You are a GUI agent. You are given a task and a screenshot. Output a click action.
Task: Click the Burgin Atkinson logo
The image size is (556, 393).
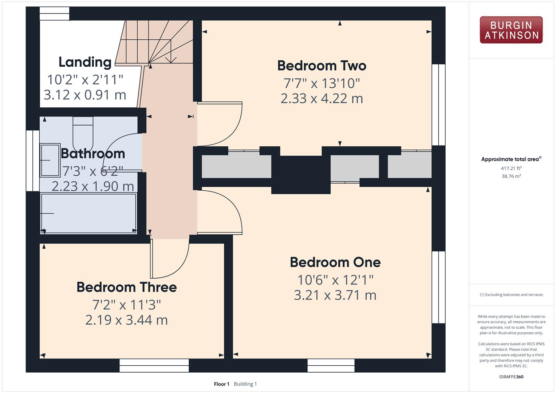coord(511,30)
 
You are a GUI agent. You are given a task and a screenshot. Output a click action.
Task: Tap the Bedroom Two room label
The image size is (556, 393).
coord(322,66)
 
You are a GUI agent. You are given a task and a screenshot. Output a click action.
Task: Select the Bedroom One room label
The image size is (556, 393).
coord(335,262)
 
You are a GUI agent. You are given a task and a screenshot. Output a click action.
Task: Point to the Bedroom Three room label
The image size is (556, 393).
coord(127,287)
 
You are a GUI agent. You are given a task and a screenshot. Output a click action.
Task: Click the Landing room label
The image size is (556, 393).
coord(85,62)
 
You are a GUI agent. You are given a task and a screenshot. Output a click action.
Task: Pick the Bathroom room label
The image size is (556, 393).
coord(93,154)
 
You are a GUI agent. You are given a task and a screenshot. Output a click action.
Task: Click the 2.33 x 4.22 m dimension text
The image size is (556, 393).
coord(322,99)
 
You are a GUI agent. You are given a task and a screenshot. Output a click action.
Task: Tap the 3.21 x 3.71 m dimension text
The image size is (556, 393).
coord(335,295)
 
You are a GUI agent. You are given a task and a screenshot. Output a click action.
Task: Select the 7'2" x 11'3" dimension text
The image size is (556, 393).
coord(127,305)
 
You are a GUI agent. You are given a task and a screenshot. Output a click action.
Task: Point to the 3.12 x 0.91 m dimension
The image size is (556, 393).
coord(85,95)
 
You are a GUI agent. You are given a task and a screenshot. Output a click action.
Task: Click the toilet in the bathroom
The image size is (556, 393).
coord(83,134)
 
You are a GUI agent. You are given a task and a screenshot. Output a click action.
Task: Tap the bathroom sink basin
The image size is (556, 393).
coord(50,160)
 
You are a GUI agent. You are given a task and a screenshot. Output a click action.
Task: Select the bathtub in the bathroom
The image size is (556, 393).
coord(88,213)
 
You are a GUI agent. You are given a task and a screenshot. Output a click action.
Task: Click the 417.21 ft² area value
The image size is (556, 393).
coord(511,168)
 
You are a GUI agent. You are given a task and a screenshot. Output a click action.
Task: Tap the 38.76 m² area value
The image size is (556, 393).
coord(511,176)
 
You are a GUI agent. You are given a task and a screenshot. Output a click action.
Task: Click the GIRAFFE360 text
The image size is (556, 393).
coord(511,377)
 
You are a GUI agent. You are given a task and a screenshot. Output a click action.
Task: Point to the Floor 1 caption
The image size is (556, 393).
coord(221,384)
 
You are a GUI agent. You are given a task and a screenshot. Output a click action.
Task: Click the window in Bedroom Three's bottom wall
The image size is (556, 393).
coord(154,365)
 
